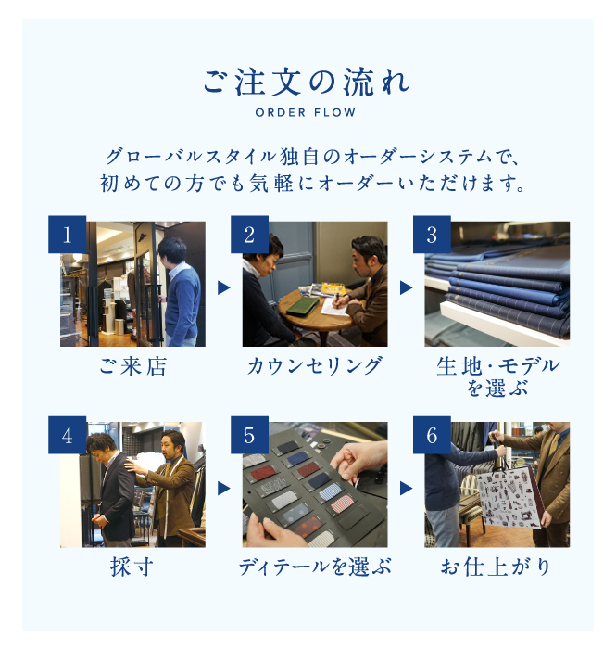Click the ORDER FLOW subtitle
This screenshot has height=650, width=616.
click(x=306, y=112)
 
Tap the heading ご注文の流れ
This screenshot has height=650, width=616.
click(x=306, y=83)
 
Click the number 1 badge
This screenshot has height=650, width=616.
click(x=67, y=235)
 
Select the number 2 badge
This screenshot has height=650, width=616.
click(x=249, y=235)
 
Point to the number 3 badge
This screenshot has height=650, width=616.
click(x=432, y=235)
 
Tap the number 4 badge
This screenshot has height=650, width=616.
click(x=67, y=435)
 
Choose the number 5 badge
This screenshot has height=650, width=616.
click(x=249, y=435)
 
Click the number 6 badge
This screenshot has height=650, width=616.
click(x=432, y=435)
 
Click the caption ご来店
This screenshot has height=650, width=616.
click(x=133, y=366)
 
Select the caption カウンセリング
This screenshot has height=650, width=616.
click(x=315, y=366)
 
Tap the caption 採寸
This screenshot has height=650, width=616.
click(x=132, y=567)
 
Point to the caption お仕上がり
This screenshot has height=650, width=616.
click(x=496, y=567)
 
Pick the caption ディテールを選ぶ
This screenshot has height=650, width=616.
click(x=315, y=567)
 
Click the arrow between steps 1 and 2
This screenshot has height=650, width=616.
click(x=223, y=287)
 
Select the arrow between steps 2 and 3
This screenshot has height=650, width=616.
click(x=406, y=287)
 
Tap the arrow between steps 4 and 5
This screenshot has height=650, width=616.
click(x=223, y=489)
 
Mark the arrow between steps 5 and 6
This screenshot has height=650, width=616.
click(x=406, y=489)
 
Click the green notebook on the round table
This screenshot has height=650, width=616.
click(x=302, y=305)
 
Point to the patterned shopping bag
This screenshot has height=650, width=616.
click(x=510, y=497)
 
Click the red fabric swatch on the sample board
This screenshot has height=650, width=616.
click(x=264, y=473)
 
